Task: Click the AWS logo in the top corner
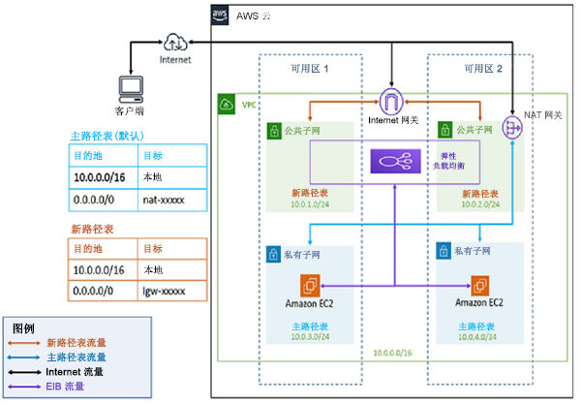coord(220,16)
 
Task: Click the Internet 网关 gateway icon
coord(392,101)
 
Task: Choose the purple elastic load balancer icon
coord(395,161)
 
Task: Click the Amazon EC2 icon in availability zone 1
coord(309,285)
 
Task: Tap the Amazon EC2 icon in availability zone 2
coord(479,285)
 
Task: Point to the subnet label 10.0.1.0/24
coord(311,205)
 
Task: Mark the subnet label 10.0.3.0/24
coord(311,337)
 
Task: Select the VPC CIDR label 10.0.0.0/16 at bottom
coord(393,354)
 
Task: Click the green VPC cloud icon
coord(226,104)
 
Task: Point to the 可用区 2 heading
coord(482,69)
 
